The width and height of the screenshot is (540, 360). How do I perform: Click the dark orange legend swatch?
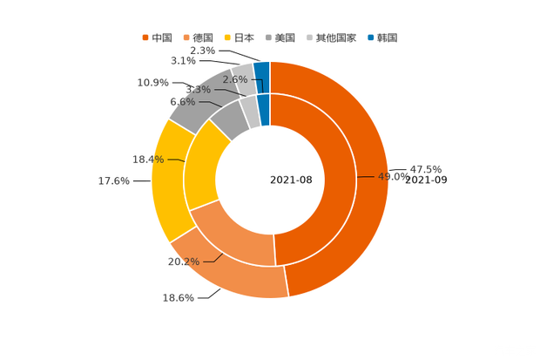click(x=145, y=37)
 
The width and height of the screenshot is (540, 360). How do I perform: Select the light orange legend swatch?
click(x=186, y=37)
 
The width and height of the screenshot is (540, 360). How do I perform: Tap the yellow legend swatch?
click(x=227, y=37)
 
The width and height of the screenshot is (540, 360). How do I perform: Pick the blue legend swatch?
click(x=371, y=37)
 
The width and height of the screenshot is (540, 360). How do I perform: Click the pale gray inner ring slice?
click(x=250, y=110)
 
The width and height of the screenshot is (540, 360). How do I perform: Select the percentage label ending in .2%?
click(x=183, y=261)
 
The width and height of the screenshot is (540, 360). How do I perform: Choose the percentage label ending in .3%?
click(x=198, y=89)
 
